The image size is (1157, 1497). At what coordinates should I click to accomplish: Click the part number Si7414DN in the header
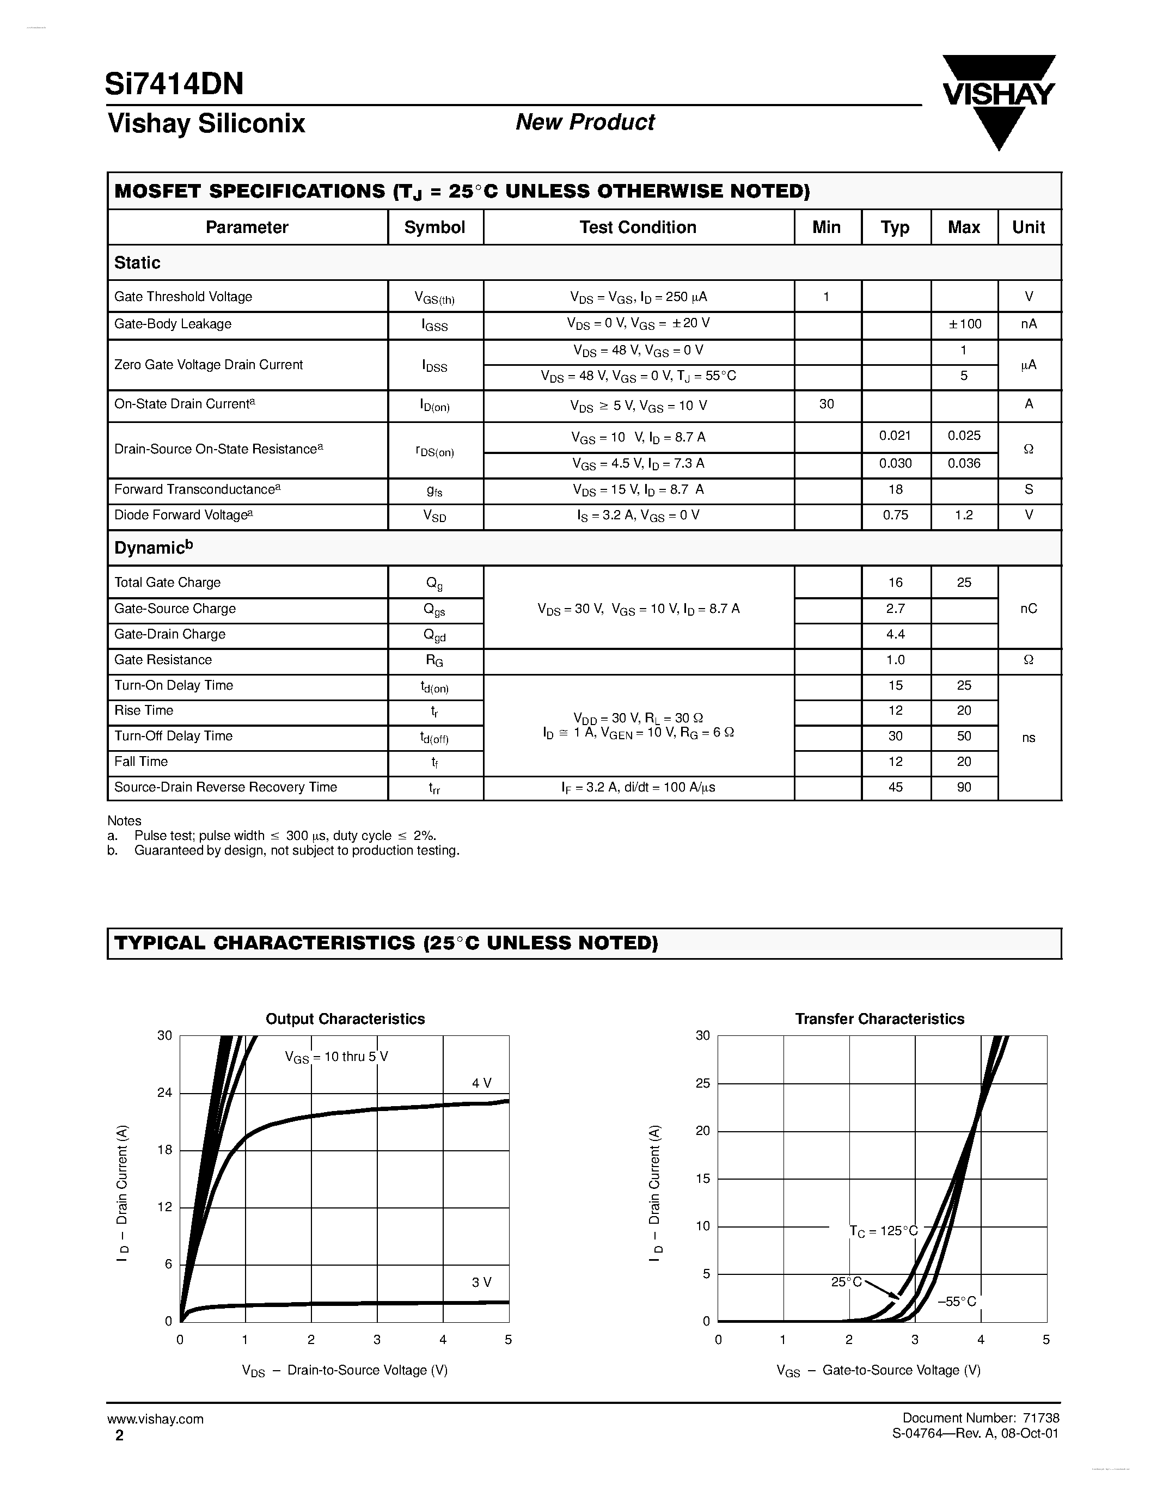174,84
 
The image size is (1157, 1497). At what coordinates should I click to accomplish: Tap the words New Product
585,122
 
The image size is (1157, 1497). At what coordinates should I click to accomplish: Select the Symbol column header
434,228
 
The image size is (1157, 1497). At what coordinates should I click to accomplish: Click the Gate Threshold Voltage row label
183,297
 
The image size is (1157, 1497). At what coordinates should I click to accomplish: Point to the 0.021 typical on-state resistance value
895,436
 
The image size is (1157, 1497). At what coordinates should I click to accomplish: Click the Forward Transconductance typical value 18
895,489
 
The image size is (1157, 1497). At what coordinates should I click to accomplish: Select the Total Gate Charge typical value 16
895,582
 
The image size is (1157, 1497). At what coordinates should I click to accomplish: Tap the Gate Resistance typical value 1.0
895,660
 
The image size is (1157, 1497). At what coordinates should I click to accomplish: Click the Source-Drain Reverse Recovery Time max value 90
964,788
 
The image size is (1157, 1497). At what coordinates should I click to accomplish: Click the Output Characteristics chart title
345,1019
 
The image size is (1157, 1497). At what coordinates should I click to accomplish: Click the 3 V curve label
481,1283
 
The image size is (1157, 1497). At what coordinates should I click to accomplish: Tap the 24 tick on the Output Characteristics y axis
164,1093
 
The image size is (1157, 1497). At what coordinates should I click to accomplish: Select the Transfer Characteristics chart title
879,1019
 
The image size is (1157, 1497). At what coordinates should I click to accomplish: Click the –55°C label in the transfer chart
956,1302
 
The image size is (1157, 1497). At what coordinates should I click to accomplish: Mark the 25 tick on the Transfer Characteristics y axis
702,1084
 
